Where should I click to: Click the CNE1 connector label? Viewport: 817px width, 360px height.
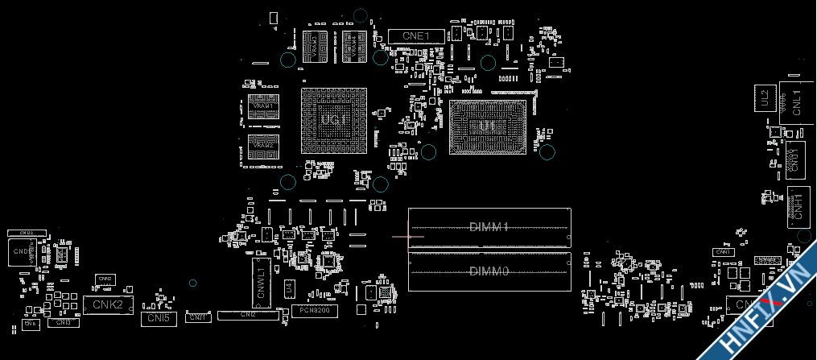point(416,35)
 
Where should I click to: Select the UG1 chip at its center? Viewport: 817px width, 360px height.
point(332,120)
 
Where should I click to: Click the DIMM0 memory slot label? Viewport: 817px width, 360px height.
point(489,271)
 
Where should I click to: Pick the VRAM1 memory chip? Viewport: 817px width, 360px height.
point(263,106)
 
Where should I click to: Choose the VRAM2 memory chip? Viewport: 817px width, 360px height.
point(263,145)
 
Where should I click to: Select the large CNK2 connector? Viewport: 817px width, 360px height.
point(107,304)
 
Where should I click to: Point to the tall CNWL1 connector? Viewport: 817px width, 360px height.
point(261,283)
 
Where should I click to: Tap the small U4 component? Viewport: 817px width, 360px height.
point(289,288)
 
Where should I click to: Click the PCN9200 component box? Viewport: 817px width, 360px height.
point(314,310)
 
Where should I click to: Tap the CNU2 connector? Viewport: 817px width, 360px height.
point(26,233)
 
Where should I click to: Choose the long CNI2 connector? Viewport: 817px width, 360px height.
point(248,314)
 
